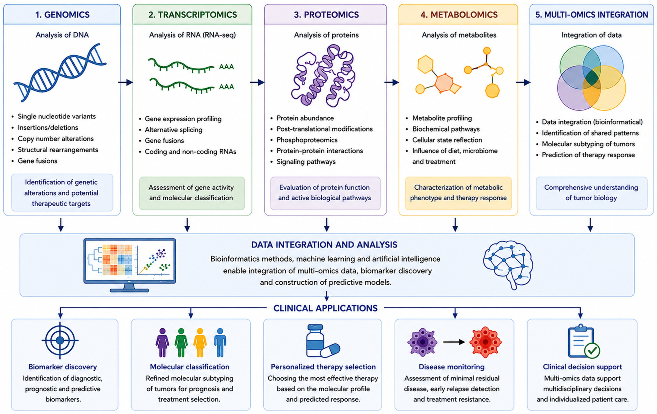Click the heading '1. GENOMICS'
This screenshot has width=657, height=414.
tap(62, 14)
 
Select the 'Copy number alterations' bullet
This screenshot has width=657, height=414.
tap(56, 139)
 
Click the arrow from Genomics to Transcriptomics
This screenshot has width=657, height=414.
tap(126, 82)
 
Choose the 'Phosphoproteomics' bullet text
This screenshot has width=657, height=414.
tap(307, 140)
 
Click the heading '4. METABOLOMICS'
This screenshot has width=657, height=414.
tap(459, 14)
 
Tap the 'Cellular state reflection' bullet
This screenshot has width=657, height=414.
tap(447, 140)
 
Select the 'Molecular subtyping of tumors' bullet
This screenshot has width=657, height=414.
tap(588, 144)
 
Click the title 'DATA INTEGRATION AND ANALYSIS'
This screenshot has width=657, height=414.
tap(324, 245)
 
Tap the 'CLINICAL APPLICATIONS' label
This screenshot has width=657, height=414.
tap(325, 308)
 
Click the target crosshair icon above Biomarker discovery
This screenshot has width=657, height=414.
tap(60, 340)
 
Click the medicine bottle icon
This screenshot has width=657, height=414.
tap(315, 340)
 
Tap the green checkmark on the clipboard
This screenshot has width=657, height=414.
tap(592, 351)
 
